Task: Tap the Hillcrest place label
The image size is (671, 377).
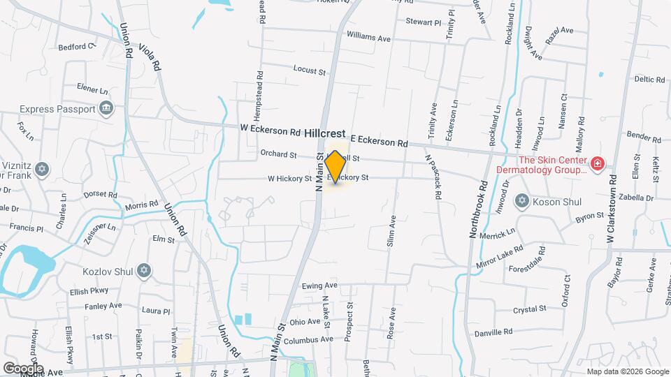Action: point(325,132)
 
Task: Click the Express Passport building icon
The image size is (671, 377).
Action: point(107,109)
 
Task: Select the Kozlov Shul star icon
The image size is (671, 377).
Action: point(145,269)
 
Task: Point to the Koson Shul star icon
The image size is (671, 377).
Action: point(521,201)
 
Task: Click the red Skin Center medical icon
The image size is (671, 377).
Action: point(597,164)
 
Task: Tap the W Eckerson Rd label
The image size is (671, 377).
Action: point(270,130)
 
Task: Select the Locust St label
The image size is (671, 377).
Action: point(310,71)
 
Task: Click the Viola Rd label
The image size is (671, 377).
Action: point(151,57)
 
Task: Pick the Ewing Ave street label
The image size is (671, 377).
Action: point(320,286)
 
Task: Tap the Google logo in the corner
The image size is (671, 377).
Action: point(23,368)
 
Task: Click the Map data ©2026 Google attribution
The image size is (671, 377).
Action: point(628,371)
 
